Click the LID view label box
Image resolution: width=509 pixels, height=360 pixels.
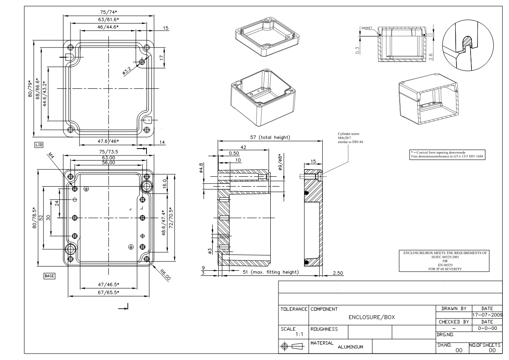click(38, 146)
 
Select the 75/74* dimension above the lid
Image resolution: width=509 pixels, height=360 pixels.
click(108, 12)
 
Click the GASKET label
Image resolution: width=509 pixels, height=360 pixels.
click(367, 28)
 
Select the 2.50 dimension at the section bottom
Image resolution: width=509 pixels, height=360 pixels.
click(338, 273)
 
